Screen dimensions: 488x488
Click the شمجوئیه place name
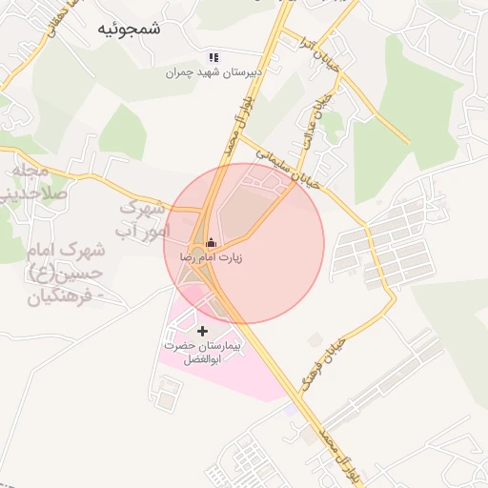tap(130, 30)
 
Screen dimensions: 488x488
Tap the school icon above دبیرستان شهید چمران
tap(213, 57)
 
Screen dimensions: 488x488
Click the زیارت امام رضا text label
tap(211, 258)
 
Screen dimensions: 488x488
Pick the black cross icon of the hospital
tap(201, 330)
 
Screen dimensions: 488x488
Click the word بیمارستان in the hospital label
tap(225, 344)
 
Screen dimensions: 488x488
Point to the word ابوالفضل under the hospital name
tap(201, 360)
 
